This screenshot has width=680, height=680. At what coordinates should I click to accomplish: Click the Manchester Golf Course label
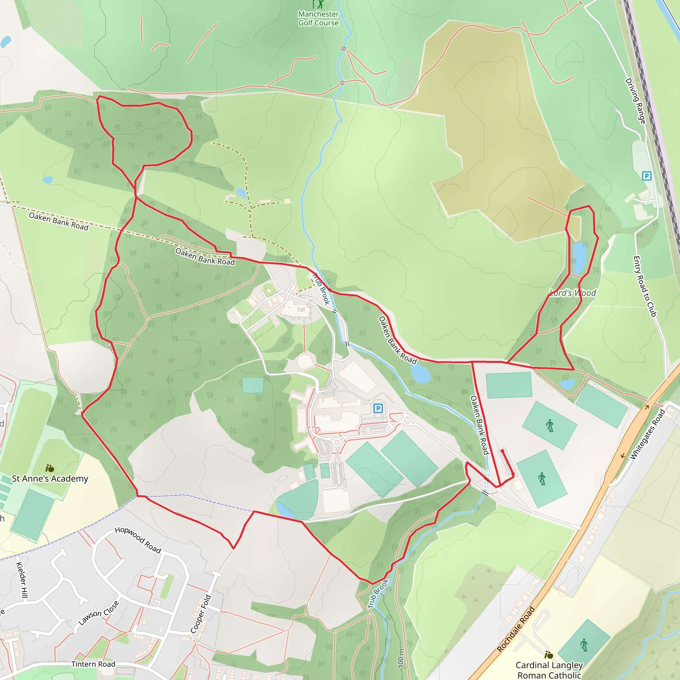point(318,18)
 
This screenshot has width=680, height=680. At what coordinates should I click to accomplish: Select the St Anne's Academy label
point(50,479)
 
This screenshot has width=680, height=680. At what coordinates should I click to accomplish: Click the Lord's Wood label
point(573,293)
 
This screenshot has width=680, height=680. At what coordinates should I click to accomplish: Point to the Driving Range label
point(635,101)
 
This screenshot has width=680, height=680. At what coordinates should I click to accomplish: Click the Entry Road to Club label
point(645,286)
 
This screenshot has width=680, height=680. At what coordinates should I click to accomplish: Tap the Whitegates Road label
point(647,434)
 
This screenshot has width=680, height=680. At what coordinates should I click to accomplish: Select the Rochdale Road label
point(516,629)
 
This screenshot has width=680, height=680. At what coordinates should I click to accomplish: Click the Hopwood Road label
point(138,540)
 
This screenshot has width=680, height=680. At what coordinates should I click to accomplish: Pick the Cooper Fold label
point(201,614)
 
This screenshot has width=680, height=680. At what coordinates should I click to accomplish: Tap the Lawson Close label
point(99,614)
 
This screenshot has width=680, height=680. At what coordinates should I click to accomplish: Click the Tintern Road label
point(93,664)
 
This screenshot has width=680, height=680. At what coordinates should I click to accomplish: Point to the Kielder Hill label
point(22,580)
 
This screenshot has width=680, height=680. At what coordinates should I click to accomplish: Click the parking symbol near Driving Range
point(646,176)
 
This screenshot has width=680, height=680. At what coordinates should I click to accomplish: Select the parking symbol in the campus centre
point(378,408)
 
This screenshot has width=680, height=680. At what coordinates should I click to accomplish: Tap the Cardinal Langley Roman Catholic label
point(549,670)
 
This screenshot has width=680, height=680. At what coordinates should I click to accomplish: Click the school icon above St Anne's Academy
point(49,468)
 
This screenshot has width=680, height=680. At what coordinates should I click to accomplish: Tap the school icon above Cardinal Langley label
point(549,655)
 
